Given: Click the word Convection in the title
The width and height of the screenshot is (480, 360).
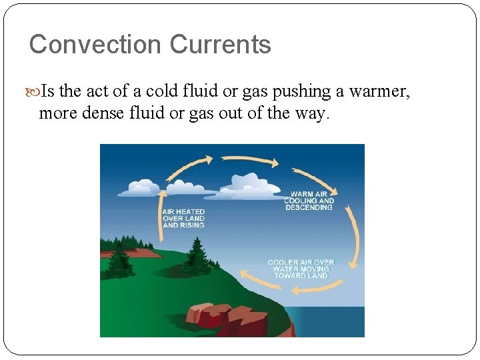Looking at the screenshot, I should [95, 45].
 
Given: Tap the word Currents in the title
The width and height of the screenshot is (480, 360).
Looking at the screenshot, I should [220, 45].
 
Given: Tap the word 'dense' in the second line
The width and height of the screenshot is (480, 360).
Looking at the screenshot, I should [101, 113].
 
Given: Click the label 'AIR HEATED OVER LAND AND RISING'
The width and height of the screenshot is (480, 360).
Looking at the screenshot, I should [183, 218].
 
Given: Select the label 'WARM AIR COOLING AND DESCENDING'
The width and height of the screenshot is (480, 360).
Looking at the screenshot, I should [309, 201].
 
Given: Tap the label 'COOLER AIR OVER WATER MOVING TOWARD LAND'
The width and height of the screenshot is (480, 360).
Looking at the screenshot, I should [301, 269].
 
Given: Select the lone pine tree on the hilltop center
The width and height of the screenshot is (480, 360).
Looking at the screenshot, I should [196, 254].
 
